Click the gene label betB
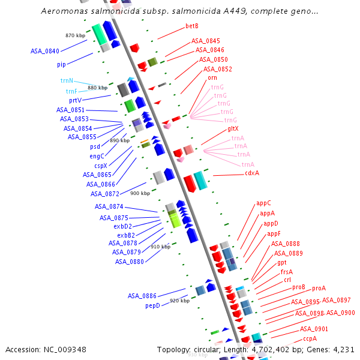pyautogui.click(x=192, y=26)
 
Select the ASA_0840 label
pyautogui.click(x=45, y=51)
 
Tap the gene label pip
pyautogui.click(x=62, y=64)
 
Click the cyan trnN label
pyautogui.click(x=67, y=80)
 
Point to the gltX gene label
pyautogui.click(x=233, y=129)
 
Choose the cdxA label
pyautogui.click(x=252, y=173)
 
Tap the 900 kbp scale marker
pyautogui.click(x=140, y=193)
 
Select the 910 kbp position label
pyautogui.click(x=160, y=247)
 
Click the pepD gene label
pyautogui.click(x=152, y=305)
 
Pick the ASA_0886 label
pyautogui.click(x=142, y=296)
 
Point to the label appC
pyautogui.click(x=263, y=203)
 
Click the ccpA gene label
pyautogui.click(x=310, y=338)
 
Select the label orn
pyautogui.click(x=212, y=77)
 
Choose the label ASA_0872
pyautogui.click(x=105, y=194)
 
